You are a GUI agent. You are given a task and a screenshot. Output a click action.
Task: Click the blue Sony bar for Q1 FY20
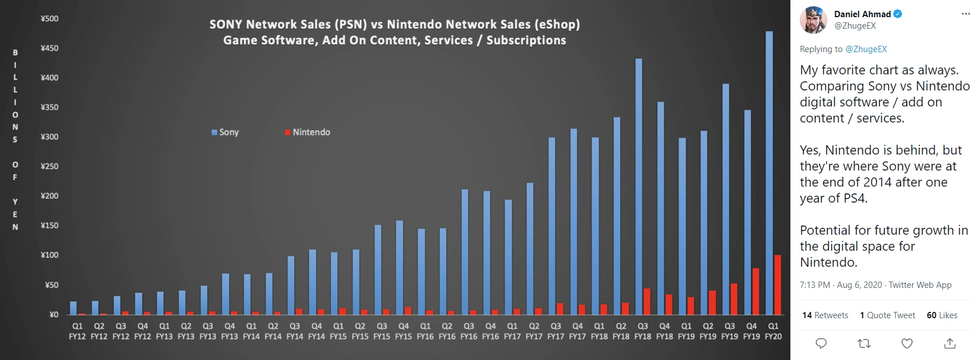point(769,172)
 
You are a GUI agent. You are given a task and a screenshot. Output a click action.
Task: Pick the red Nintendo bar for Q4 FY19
point(756,291)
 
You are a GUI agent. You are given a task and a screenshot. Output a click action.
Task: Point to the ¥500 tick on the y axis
point(50,19)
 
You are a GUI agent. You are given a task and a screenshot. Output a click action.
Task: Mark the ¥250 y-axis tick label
point(50,166)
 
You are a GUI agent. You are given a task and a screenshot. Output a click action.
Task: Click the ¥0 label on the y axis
point(54,314)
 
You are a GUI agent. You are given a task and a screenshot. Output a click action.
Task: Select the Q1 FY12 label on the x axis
point(77,331)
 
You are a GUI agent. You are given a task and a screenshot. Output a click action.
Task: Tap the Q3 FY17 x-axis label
point(556,331)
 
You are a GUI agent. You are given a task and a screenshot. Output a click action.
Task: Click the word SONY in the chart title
point(226,25)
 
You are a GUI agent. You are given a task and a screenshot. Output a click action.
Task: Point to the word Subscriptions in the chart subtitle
point(526,41)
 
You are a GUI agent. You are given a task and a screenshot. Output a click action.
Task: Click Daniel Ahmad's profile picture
point(813,20)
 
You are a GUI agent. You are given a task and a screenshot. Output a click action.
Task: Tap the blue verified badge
point(898,14)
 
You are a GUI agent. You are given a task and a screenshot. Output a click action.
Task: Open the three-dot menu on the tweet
point(966,14)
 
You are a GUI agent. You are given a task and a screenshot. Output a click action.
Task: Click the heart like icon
point(907,343)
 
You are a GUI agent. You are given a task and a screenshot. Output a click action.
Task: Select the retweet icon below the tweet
point(864,343)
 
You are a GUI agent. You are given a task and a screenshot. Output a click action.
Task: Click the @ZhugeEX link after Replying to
point(866,49)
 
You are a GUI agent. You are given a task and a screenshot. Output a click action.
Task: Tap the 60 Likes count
point(942,315)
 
